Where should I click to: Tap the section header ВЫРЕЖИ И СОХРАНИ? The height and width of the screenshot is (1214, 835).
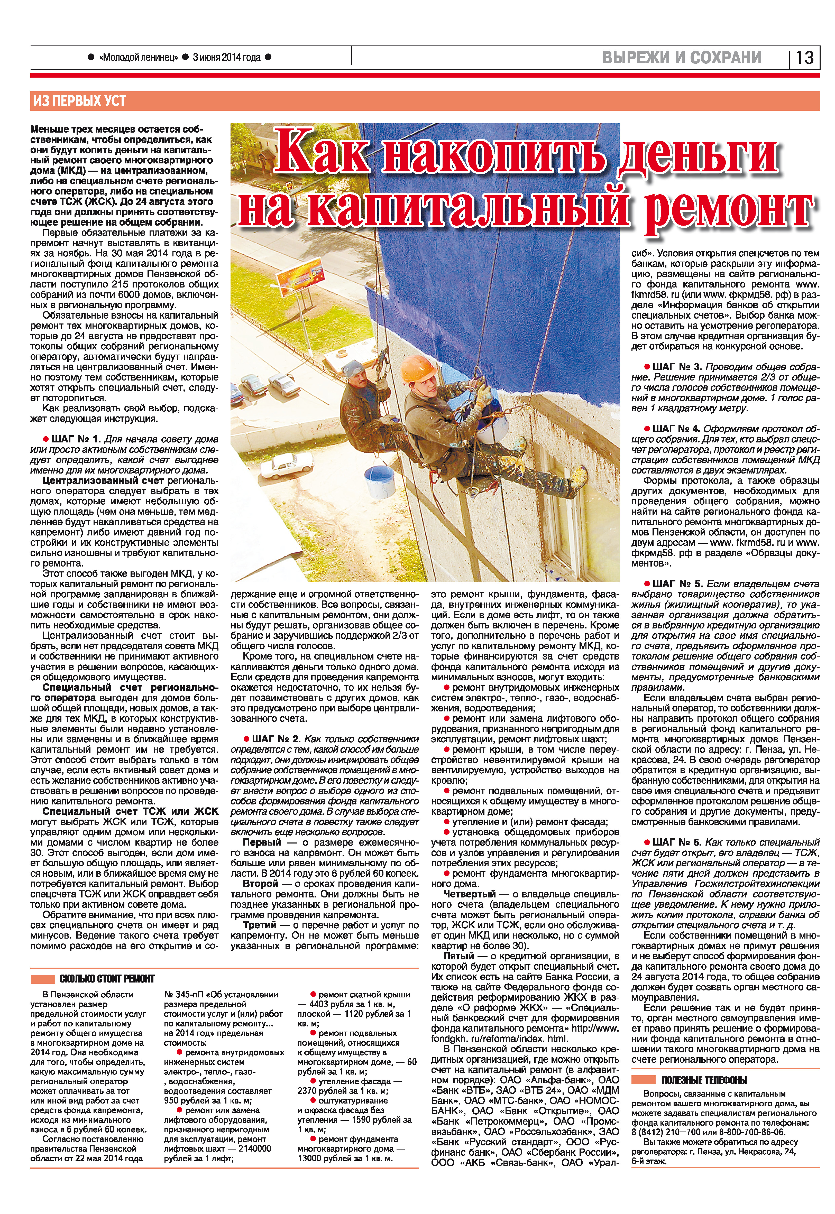[682, 58]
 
